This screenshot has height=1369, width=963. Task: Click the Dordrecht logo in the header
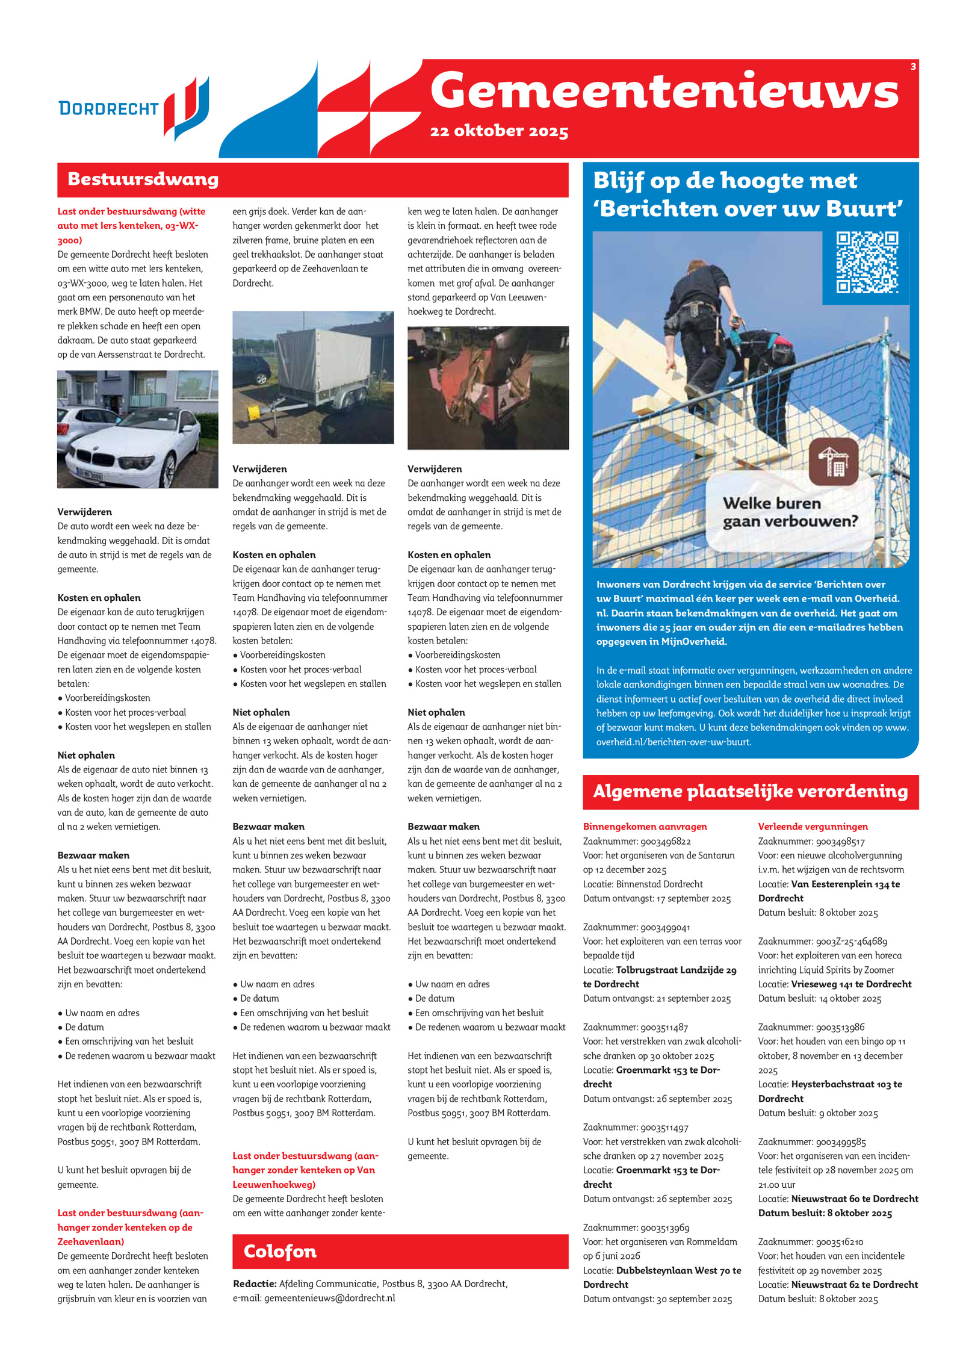pyautogui.click(x=134, y=108)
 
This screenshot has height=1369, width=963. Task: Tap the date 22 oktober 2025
pyautogui.click(x=499, y=131)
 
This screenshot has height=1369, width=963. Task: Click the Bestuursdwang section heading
pyautogui.click(x=143, y=179)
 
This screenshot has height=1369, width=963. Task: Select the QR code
pyautogui.click(x=867, y=263)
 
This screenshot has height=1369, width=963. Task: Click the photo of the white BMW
pyautogui.click(x=137, y=429)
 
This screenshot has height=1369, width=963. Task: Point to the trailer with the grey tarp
pyautogui.click(x=313, y=377)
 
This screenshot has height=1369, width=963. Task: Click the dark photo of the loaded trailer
pyautogui.click(x=488, y=388)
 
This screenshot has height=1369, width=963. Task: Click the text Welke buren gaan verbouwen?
pyautogui.click(x=790, y=512)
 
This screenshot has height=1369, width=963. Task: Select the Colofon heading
pyautogui.click(x=280, y=1252)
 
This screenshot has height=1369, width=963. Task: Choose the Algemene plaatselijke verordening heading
pyautogui.click(x=750, y=792)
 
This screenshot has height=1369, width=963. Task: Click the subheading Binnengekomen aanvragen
pyautogui.click(x=645, y=827)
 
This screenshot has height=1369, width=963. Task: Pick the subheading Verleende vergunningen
pyautogui.click(x=813, y=827)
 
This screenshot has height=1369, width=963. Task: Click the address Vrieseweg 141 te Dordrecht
pyautogui.click(x=851, y=984)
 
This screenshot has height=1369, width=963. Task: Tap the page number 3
pyautogui.click(x=913, y=66)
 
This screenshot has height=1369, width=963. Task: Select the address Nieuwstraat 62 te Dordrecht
pyautogui.click(x=854, y=1285)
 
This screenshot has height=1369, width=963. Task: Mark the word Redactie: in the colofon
pyautogui.click(x=255, y=1284)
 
